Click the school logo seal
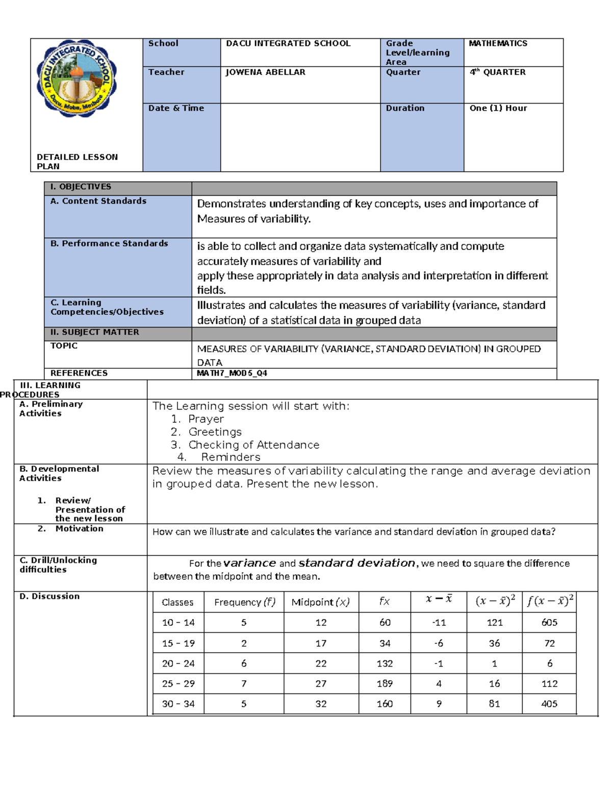tap(76, 79)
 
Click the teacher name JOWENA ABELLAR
tap(265, 72)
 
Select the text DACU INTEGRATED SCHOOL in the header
tap(288, 44)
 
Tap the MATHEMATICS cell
tap(498, 44)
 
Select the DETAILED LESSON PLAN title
tap(77, 161)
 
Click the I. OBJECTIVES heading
tap(81, 187)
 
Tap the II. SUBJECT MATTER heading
tap(94, 333)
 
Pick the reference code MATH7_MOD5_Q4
tap(232, 373)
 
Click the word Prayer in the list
tap(206, 419)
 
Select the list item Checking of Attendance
tap(253, 445)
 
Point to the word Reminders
tap(231, 457)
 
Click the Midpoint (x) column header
tap(320, 602)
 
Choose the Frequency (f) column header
tap(244, 602)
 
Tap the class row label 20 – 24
tap(178, 663)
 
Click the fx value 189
tap(385, 683)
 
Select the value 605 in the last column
tap(549, 623)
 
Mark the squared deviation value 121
tap(494, 623)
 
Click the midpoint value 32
tap(321, 704)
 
